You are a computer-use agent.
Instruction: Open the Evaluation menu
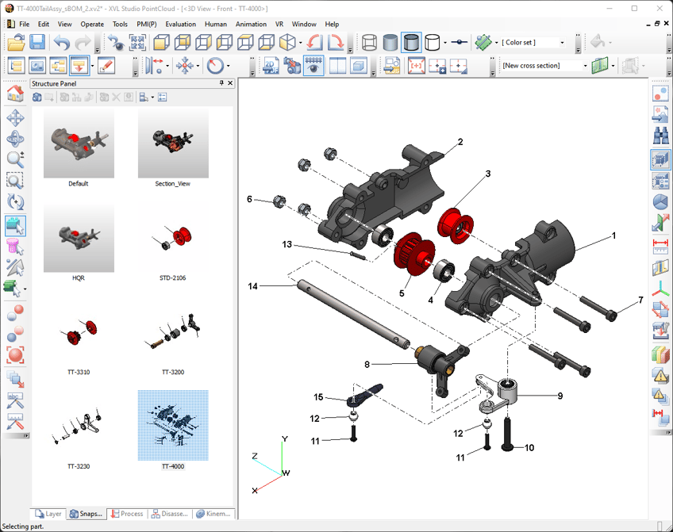pyautogui.click(x=180, y=24)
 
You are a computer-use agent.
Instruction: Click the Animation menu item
pyautogui.click(x=251, y=24)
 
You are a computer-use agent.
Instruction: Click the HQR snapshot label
pyautogui.click(x=78, y=278)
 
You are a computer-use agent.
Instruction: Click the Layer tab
pyautogui.click(x=49, y=514)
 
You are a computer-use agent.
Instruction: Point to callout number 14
pyautogui.click(x=253, y=286)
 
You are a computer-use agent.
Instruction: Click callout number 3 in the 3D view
pyautogui.click(x=488, y=173)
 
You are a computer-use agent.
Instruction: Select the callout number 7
pyautogui.click(x=640, y=301)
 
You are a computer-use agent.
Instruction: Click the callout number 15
pyautogui.click(x=318, y=397)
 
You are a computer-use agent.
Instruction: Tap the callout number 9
pyautogui.click(x=560, y=395)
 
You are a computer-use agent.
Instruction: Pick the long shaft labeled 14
pyautogui.click(x=349, y=312)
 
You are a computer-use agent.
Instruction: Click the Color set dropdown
pyautogui.click(x=532, y=43)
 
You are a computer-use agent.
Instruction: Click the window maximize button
pyautogui.click(x=634, y=8)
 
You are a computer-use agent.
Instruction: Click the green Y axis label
pyautogui.click(x=285, y=438)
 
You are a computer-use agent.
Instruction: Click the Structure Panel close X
pyautogui.click(x=230, y=83)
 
